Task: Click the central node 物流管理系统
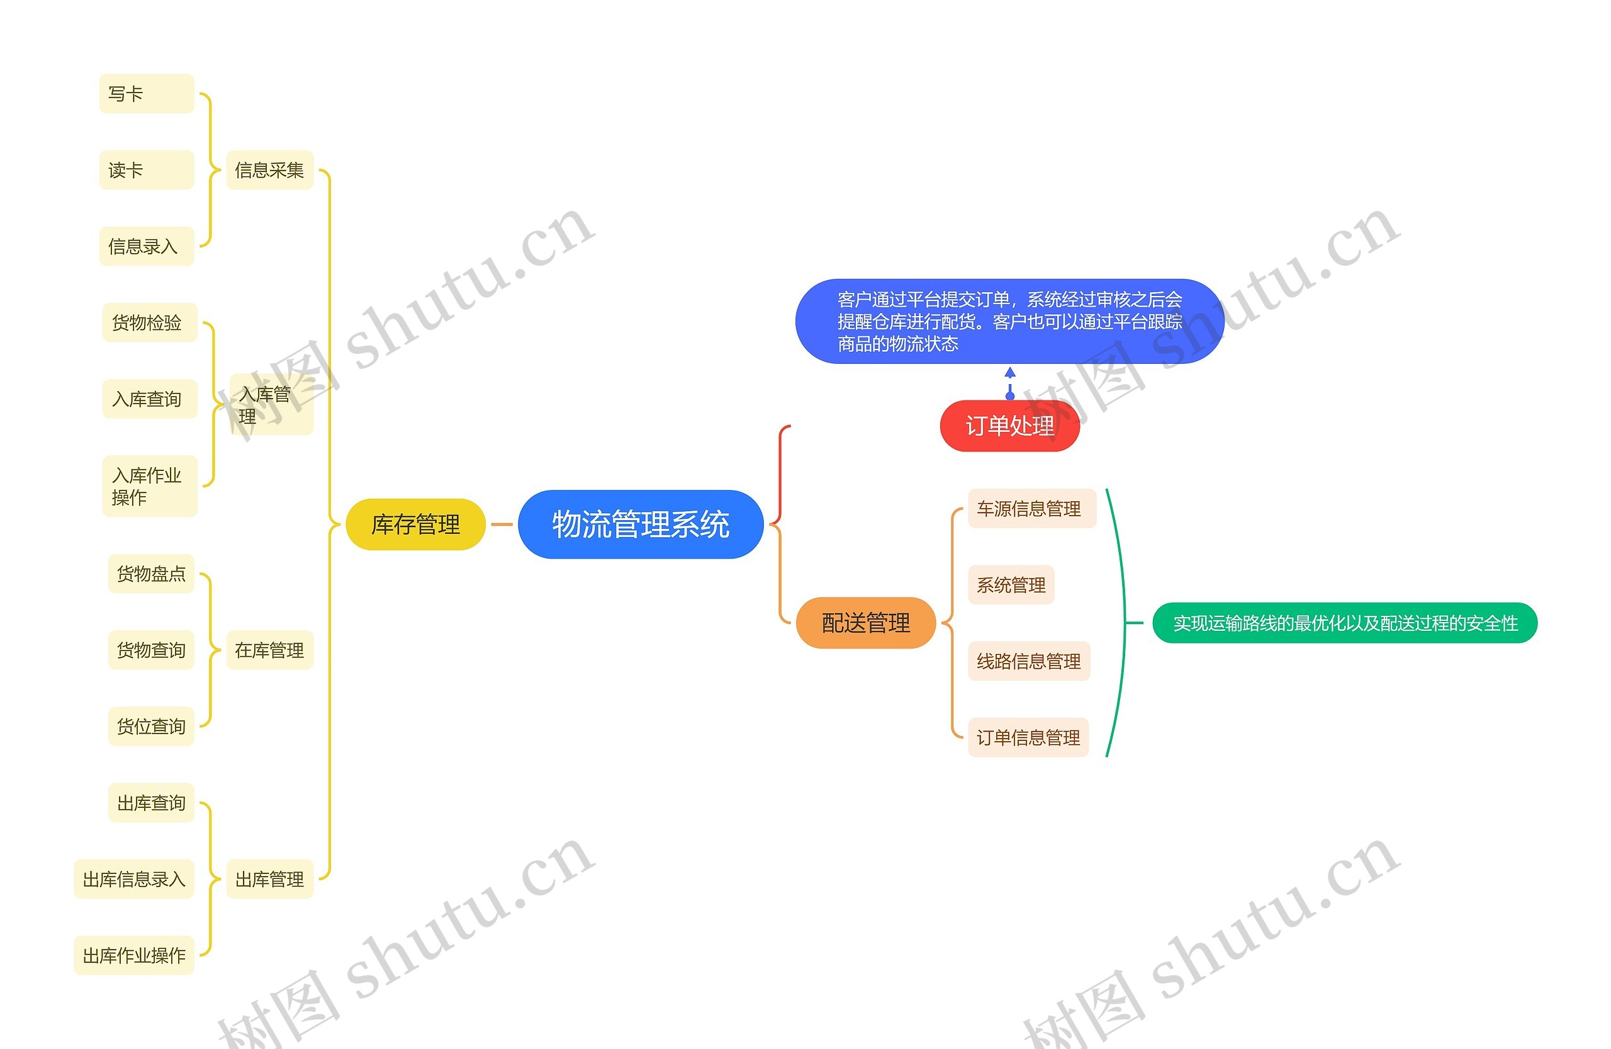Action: coord(641,524)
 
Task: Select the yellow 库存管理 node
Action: coord(415,524)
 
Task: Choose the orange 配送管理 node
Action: coord(866,622)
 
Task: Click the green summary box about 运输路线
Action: coord(1344,622)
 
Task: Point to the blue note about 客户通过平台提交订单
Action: coord(1009,321)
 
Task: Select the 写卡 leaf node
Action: coord(146,93)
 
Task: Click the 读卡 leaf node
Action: coord(146,170)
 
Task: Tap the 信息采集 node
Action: coord(269,170)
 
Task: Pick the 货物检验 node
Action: coord(150,322)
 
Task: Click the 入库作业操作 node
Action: coord(150,486)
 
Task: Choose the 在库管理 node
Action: coord(269,650)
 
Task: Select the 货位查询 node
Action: coord(151,726)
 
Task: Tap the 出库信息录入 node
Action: coord(134,879)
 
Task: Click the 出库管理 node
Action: coord(269,879)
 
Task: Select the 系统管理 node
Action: coord(1011,584)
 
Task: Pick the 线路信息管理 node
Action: coord(1028,661)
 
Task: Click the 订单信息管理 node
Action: coord(1028,737)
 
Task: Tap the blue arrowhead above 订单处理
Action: coord(1010,371)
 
